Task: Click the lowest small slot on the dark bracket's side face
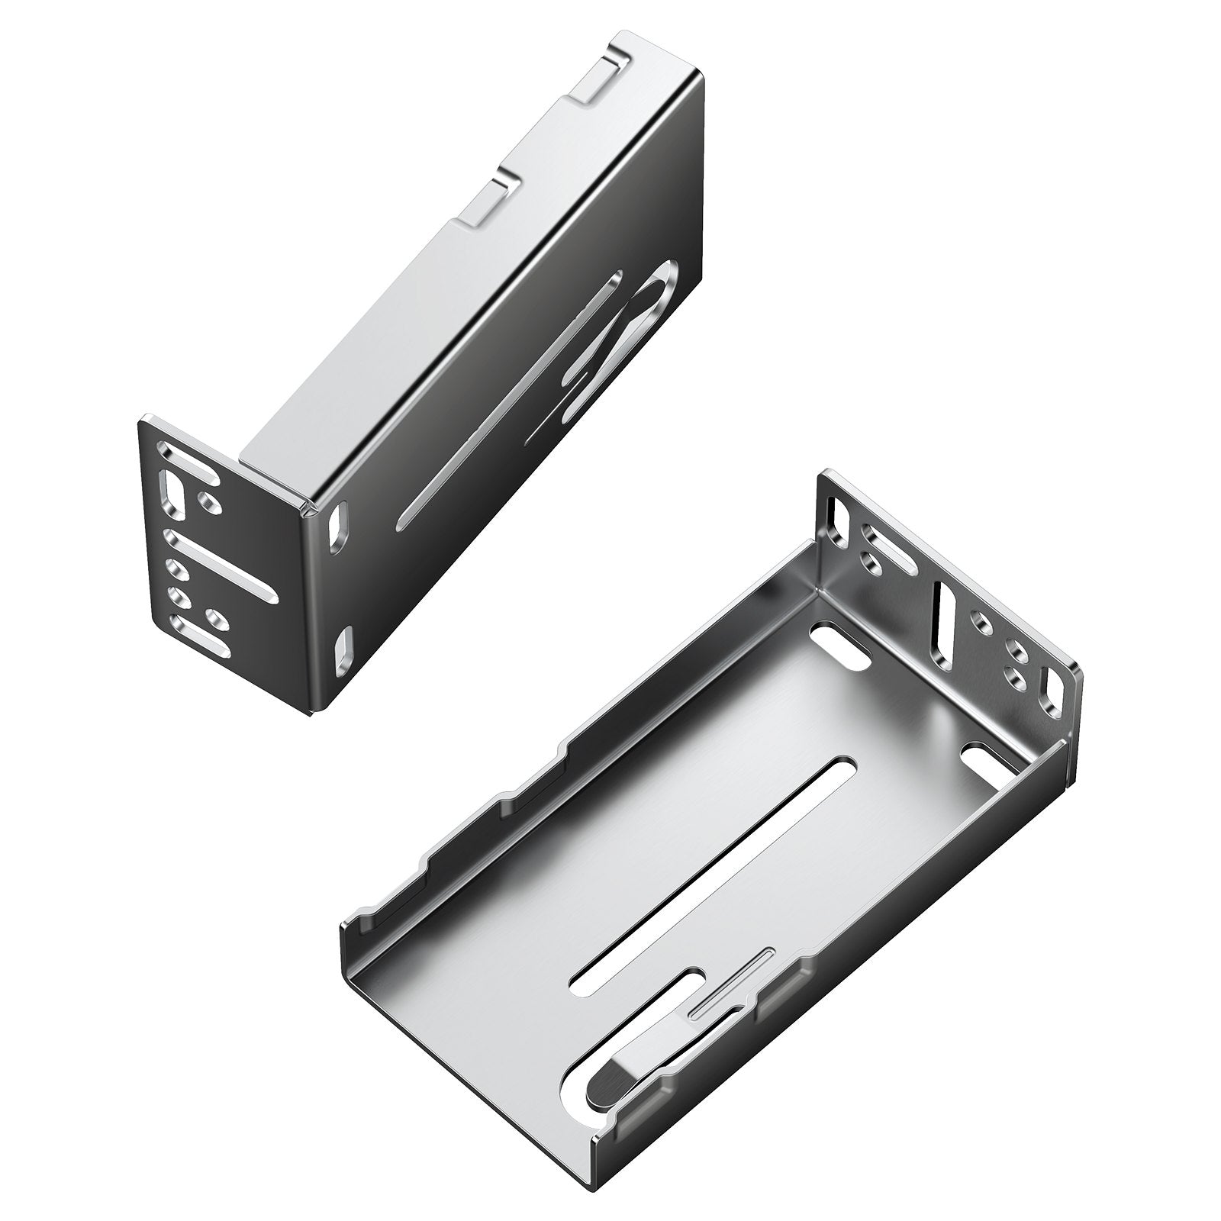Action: click(x=343, y=652)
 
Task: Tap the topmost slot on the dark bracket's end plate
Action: click(x=186, y=468)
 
